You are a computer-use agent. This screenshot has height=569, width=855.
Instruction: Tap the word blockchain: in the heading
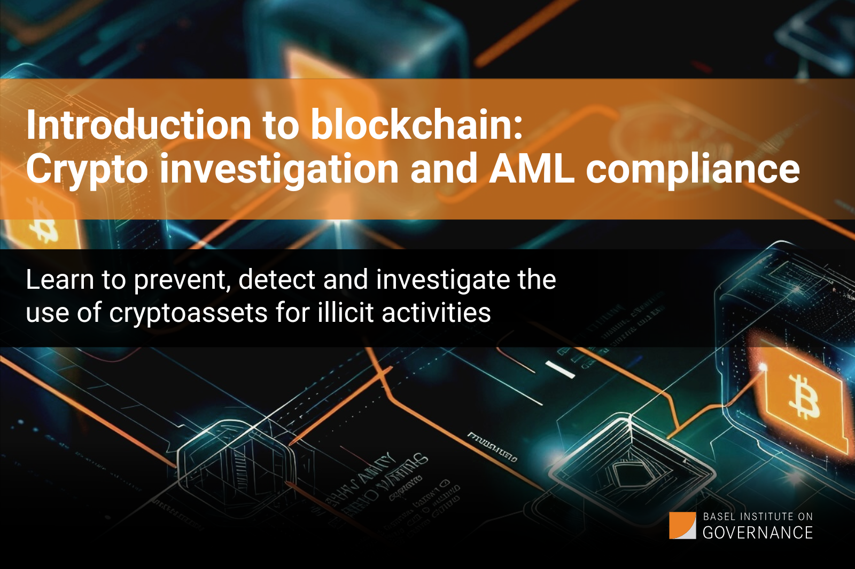(x=417, y=125)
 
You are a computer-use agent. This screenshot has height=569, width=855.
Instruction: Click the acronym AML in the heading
(x=532, y=169)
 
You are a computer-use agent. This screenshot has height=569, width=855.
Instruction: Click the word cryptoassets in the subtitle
(x=188, y=313)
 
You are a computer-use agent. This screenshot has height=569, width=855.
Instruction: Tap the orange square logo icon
(x=682, y=526)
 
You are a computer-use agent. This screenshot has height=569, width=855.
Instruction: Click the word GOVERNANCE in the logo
(x=758, y=533)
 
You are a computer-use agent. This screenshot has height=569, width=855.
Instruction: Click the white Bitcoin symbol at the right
(x=804, y=396)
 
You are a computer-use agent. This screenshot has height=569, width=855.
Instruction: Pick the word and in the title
(x=444, y=169)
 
